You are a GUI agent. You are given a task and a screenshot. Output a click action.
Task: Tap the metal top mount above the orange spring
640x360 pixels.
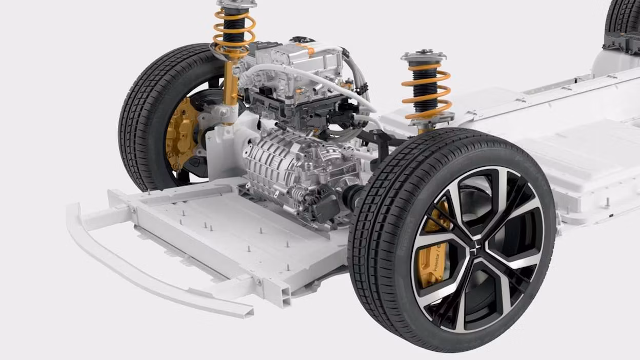(x=424, y=55)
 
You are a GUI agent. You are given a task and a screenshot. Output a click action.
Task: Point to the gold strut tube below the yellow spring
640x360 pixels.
(x=231, y=87)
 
